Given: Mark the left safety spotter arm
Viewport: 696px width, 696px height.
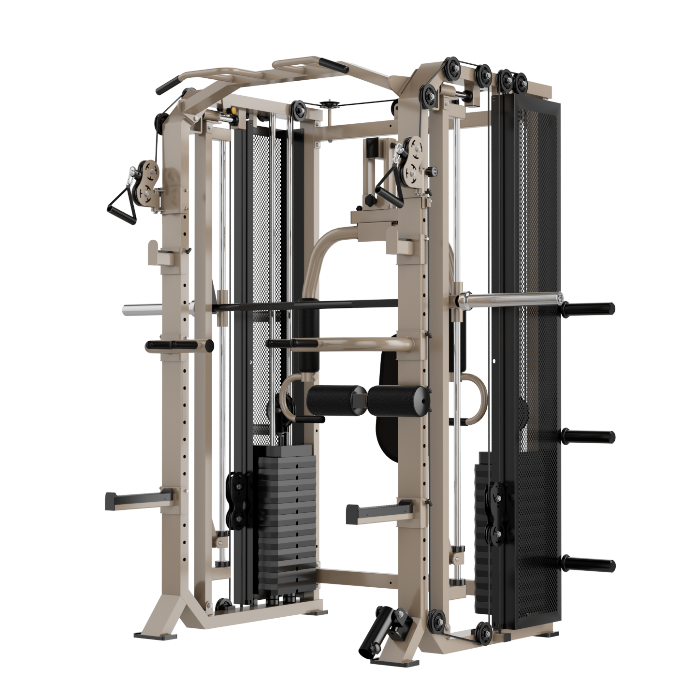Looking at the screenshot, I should click(138, 500).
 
